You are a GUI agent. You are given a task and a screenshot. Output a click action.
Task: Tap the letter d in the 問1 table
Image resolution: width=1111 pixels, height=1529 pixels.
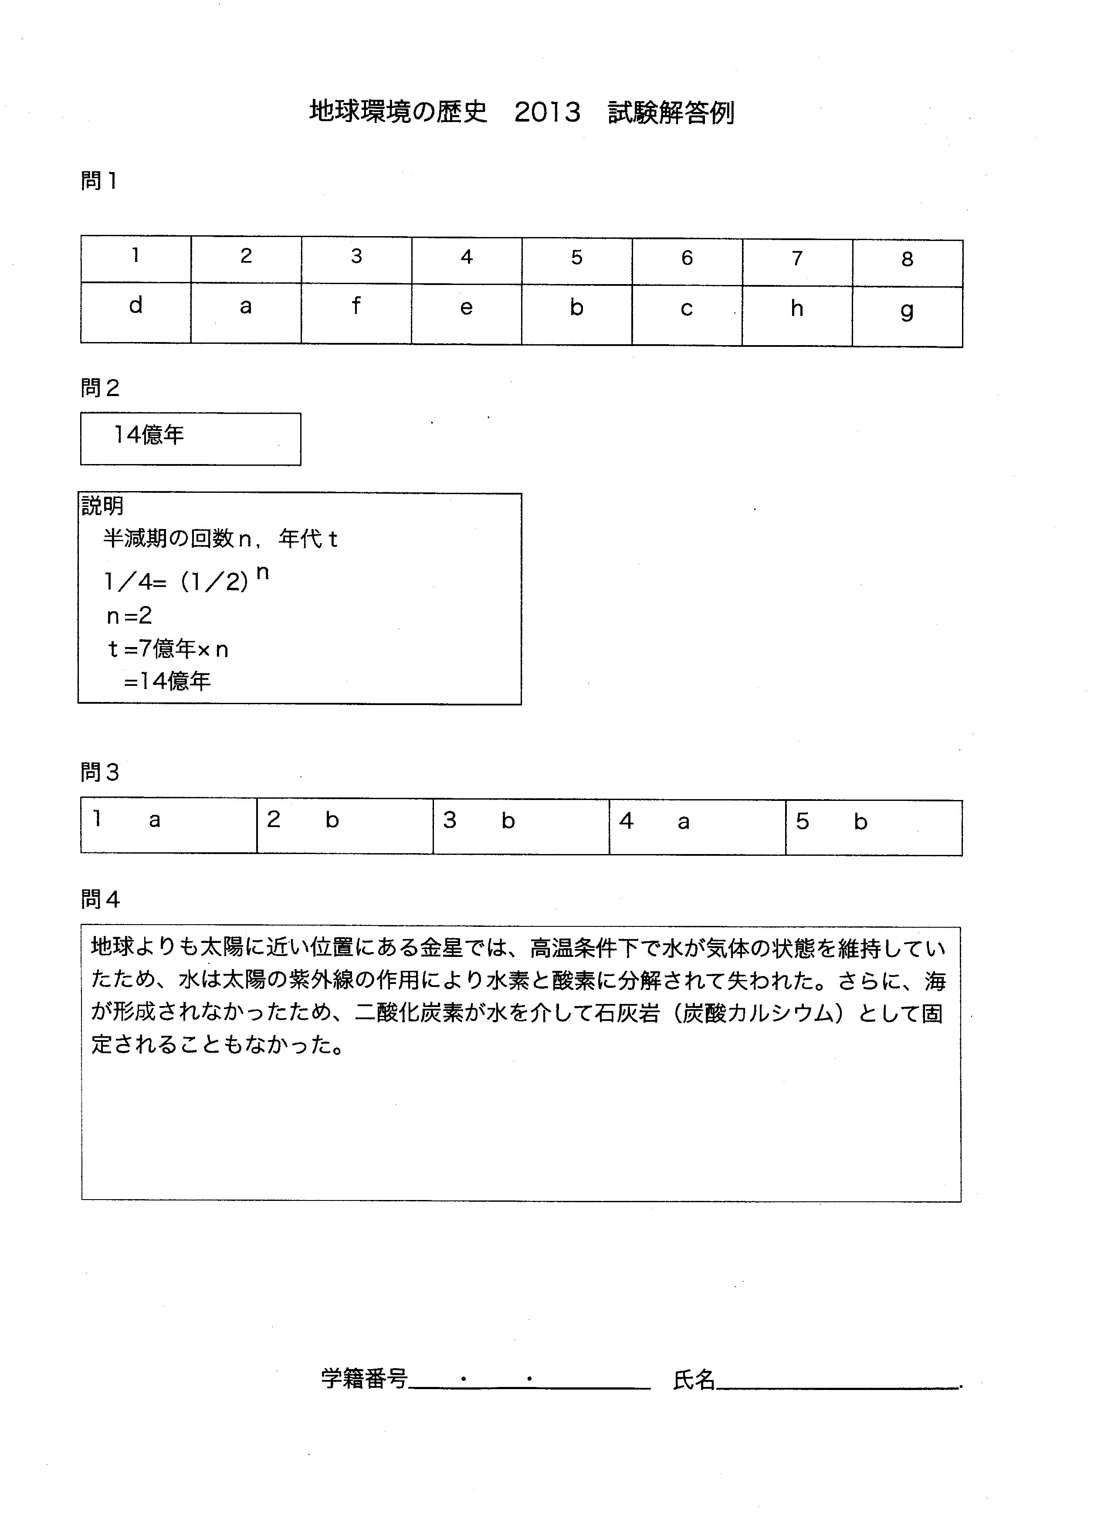pos(135,305)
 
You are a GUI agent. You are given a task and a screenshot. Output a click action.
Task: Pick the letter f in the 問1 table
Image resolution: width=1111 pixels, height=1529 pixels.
pos(356,306)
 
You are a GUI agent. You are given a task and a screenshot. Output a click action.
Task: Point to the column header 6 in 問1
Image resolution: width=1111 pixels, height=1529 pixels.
pos(687,258)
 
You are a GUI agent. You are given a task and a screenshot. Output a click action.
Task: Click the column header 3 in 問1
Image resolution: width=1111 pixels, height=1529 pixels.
pos(357,256)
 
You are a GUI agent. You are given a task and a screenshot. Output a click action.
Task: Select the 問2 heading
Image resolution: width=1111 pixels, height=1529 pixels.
pos(100,388)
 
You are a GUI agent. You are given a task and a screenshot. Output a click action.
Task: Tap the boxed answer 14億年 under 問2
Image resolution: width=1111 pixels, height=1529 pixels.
pos(148,435)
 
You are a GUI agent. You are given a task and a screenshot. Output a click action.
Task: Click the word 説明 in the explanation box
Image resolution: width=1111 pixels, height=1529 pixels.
pos(102,505)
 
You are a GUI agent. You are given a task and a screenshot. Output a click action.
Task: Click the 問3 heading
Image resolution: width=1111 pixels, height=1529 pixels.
pos(100,772)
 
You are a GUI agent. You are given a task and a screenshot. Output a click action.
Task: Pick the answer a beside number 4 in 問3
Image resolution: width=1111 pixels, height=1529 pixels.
pos(684,822)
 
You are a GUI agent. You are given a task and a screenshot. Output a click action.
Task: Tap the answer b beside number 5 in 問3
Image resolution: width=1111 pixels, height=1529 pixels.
pos(860,822)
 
